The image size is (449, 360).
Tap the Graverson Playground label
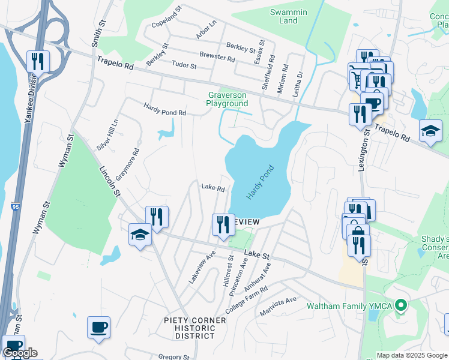(x=227, y=99)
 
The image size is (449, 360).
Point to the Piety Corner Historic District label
(x=195, y=328)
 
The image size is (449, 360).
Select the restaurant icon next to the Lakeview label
(x=223, y=225)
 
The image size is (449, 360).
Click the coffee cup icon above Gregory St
(x=99, y=328)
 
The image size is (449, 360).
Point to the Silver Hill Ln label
(x=107, y=135)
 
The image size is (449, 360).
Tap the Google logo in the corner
(x=20, y=353)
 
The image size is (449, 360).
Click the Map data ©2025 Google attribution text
(x=412, y=355)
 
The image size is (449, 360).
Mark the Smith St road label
(x=97, y=32)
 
